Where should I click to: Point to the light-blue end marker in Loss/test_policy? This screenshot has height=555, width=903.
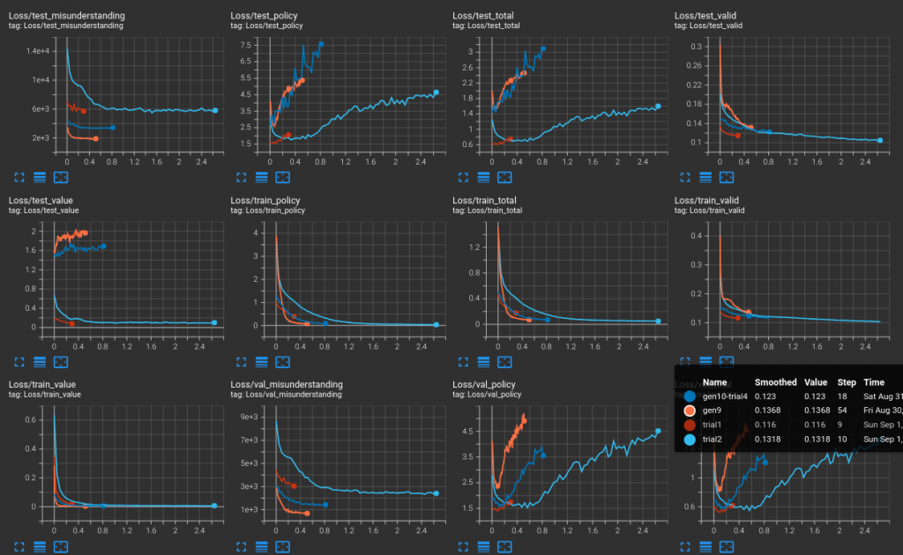click(x=436, y=92)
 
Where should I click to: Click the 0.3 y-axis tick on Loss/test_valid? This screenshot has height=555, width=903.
click(x=695, y=46)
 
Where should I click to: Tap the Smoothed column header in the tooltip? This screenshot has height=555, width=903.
click(x=775, y=382)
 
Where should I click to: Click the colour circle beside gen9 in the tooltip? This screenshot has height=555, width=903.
click(x=690, y=411)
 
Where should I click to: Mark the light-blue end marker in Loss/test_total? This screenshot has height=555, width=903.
click(x=658, y=107)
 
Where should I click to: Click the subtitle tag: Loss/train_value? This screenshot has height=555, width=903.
click(x=44, y=395)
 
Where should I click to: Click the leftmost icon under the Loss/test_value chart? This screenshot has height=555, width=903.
click(x=19, y=361)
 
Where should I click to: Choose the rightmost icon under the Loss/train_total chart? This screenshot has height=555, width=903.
click(x=505, y=361)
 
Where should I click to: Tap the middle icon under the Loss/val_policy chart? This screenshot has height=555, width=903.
click(x=483, y=546)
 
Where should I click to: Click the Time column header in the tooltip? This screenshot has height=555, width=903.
click(x=874, y=382)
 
